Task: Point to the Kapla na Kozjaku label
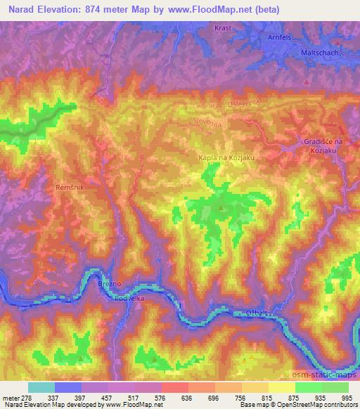225,158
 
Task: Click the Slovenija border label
210,122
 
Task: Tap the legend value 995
346,396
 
